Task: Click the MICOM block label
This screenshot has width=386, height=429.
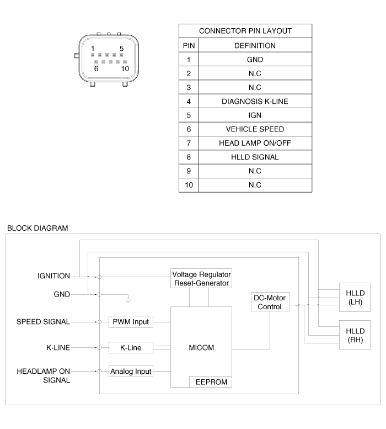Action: [x=201, y=348]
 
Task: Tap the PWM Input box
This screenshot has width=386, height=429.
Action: [x=131, y=321]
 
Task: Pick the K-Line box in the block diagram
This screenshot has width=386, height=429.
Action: [x=130, y=348]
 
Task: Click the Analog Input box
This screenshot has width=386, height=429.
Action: [x=130, y=371]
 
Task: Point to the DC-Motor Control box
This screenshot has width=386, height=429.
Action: [x=270, y=302]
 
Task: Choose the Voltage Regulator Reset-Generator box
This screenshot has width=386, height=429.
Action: [x=201, y=278]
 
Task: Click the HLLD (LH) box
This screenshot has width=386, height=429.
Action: [x=354, y=298]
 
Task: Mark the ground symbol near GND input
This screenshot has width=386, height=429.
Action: [x=128, y=300]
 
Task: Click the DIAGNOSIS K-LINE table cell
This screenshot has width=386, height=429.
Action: [x=254, y=101]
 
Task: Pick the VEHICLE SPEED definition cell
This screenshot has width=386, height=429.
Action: [x=254, y=129]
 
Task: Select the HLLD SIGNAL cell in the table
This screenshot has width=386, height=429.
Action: [x=254, y=157]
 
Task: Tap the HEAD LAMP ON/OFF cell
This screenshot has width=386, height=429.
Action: [x=254, y=143]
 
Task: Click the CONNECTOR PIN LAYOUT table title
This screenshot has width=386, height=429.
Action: [x=245, y=31]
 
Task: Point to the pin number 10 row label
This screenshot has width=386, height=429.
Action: [x=189, y=184]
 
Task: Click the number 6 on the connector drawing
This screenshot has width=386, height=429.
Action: [x=96, y=69]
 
